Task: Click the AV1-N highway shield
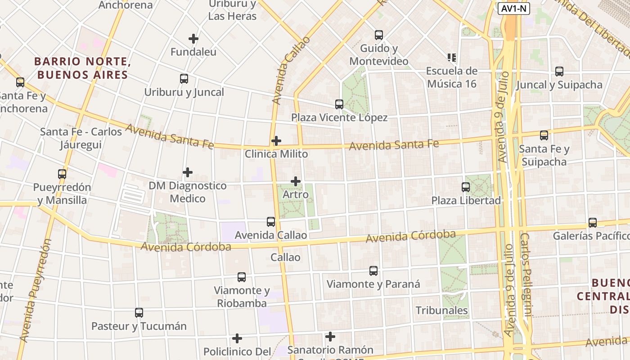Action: [x=514, y=8]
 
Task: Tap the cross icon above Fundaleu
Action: [x=193, y=39]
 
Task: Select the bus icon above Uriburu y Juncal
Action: [x=184, y=79]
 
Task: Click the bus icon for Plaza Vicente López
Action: [x=339, y=104]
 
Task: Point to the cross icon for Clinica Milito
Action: [x=276, y=141]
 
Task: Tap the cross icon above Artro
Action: [x=296, y=181]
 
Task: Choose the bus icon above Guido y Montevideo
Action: [x=379, y=35]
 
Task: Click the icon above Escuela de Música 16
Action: [x=452, y=58]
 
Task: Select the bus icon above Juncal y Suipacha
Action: [x=559, y=71]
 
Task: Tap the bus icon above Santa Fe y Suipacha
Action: [x=544, y=135]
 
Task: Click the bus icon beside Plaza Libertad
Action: [x=466, y=187]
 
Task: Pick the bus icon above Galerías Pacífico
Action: [x=593, y=222]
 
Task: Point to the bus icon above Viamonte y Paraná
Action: [x=373, y=270]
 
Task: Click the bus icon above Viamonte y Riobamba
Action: [x=242, y=277]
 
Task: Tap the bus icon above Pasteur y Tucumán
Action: [x=139, y=312]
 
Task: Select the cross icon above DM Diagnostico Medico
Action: [x=188, y=172]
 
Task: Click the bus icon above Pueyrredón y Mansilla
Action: [x=62, y=174]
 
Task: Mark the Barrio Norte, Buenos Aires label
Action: [x=83, y=68]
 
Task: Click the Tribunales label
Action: [x=441, y=310]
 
